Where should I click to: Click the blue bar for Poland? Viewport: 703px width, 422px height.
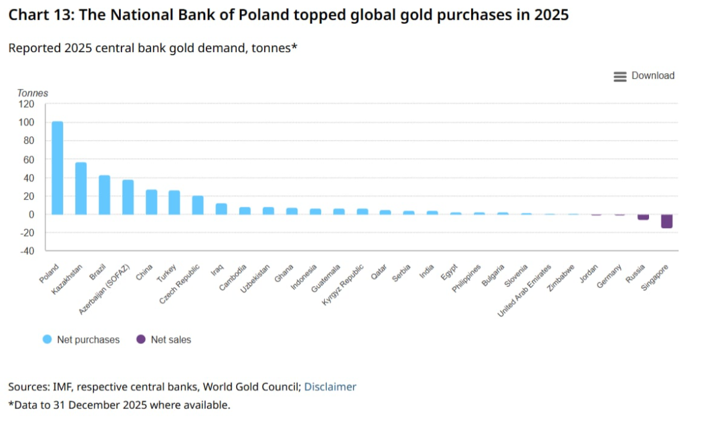click(57, 168)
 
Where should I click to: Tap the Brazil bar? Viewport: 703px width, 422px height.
click(104, 195)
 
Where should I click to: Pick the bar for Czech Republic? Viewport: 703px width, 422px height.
click(198, 205)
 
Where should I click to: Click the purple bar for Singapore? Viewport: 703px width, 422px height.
click(666, 221)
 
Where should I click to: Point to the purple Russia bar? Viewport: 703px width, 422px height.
click(643, 217)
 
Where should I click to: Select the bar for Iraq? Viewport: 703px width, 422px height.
click(221, 209)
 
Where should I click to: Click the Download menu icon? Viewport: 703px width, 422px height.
click(620, 76)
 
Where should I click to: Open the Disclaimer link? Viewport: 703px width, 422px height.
click(330, 387)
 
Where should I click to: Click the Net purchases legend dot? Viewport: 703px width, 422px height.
click(47, 340)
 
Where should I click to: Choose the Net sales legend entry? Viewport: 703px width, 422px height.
click(164, 340)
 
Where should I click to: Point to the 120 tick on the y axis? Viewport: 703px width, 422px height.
click(27, 104)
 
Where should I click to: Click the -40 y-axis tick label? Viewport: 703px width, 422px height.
click(27, 251)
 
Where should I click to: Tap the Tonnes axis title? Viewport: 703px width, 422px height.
click(32, 93)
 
